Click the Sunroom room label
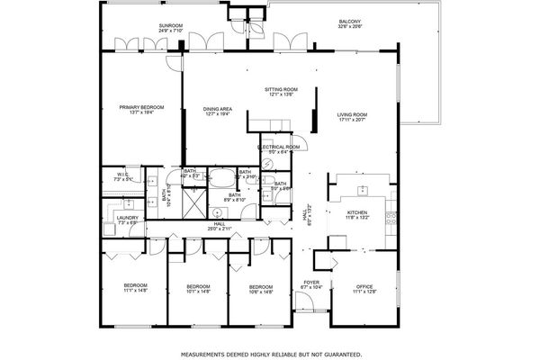[x=170, y=28]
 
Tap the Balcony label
[x=351, y=23]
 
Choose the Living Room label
[x=352, y=117]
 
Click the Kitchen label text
[x=358, y=214]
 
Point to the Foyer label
[x=311, y=284]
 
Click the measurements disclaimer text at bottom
[x=270, y=353]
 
